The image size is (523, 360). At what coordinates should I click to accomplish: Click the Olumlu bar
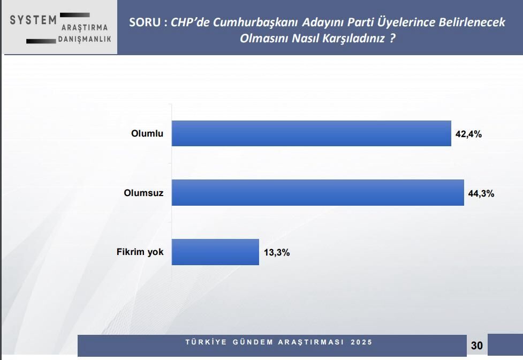(x=311, y=133)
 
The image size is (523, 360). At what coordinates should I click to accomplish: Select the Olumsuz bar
(x=317, y=193)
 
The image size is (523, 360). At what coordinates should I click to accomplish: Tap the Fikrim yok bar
(x=215, y=252)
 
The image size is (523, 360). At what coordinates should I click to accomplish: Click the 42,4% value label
(x=468, y=134)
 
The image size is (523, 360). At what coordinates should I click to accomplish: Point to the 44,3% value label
(x=481, y=194)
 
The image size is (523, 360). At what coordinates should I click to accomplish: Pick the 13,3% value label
(x=276, y=253)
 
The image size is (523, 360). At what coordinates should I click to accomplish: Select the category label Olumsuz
(x=143, y=193)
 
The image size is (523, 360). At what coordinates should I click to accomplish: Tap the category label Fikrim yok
(x=140, y=252)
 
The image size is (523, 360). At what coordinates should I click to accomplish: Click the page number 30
(x=476, y=346)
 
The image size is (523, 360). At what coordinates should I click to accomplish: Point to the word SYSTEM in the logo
(x=33, y=20)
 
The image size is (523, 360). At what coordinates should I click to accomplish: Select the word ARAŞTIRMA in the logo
(x=85, y=27)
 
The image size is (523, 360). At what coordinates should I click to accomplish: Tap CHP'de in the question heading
(x=190, y=22)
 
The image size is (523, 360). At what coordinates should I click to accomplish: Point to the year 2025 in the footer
(x=362, y=342)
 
